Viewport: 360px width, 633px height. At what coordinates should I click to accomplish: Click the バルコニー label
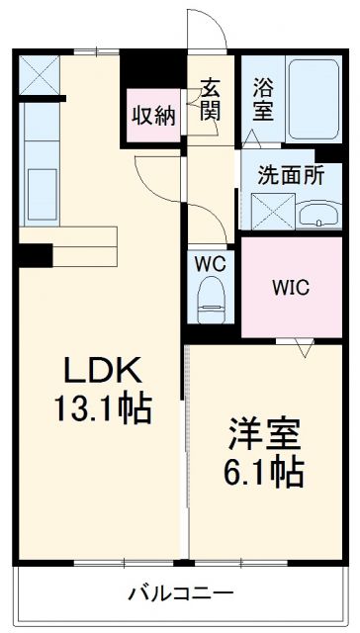point(180,593)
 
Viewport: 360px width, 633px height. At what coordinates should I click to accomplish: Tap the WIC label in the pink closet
point(291,288)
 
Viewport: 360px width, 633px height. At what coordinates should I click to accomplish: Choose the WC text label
point(209,265)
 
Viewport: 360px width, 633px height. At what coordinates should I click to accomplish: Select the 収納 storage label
point(154,115)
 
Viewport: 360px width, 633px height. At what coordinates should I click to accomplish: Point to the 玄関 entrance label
point(211,97)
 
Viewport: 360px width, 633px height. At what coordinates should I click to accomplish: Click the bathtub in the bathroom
point(315,97)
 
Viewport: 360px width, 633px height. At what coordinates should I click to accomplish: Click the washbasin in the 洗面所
point(318,213)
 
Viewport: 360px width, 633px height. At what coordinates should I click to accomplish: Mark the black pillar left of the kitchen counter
point(38,255)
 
